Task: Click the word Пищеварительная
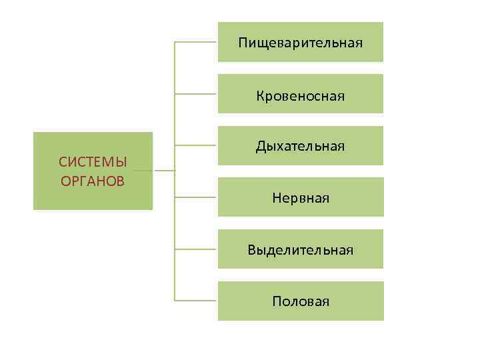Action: pos(301,43)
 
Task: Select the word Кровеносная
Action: pos(301,96)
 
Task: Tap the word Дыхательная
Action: pos(301,146)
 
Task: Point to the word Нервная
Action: pos(301,198)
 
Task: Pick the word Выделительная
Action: pos(301,250)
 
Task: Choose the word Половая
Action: pos(301,301)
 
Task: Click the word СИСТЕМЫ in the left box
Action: pos(93,162)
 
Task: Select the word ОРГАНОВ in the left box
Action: pos(93,181)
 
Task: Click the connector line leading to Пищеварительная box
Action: pos(196,42)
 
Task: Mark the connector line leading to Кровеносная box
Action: pos(196,94)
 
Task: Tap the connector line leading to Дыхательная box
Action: pos(196,145)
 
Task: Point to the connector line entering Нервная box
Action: pos(196,197)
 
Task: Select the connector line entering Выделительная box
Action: pos(196,249)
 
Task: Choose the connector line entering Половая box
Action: pos(196,301)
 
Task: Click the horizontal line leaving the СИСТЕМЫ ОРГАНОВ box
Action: pos(163,171)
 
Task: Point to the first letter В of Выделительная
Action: pos(251,250)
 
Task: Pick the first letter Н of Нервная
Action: pos(276,198)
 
